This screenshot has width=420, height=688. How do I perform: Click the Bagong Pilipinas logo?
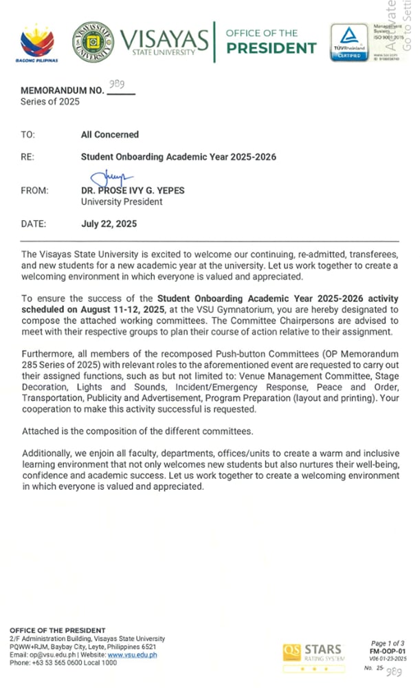tap(37, 42)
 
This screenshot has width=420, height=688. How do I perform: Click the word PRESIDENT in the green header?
tap(272, 48)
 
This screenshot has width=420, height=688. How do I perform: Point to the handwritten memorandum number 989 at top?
tap(117, 85)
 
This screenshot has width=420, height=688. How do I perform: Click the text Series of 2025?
tap(50, 102)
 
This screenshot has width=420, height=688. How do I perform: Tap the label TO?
tap(28, 135)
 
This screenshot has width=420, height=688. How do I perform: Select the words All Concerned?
tap(110, 135)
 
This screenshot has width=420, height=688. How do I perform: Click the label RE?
tap(28, 158)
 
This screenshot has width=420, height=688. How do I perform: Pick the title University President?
tap(122, 202)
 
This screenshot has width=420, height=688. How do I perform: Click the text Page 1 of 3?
tap(388, 641)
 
